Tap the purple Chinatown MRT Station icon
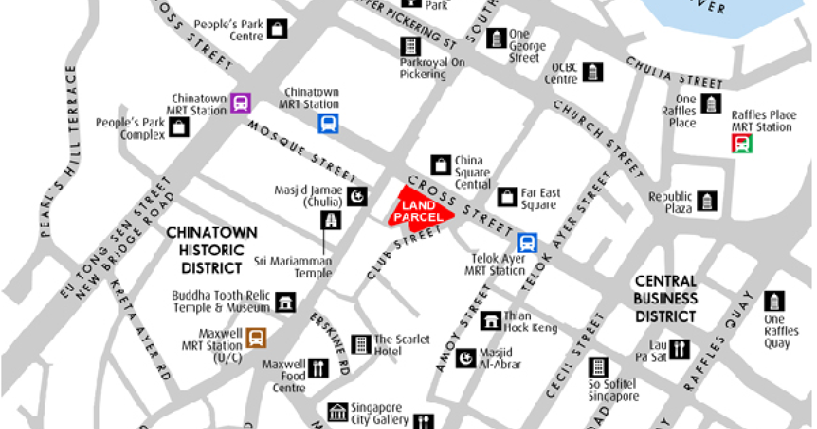coord(240,103)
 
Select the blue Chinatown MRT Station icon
coord(328,123)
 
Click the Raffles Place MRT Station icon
coord(741,143)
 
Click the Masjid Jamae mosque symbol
coord(357,197)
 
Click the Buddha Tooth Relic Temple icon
coord(287,302)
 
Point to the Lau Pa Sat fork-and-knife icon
coord(679,349)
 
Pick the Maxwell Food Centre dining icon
coord(318,368)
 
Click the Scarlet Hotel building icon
coord(360,344)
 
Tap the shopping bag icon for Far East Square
coord(507,197)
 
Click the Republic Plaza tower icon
coord(708,201)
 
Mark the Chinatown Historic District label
coord(212,250)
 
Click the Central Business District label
coord(665,298)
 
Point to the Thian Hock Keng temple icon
coord(490,321)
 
